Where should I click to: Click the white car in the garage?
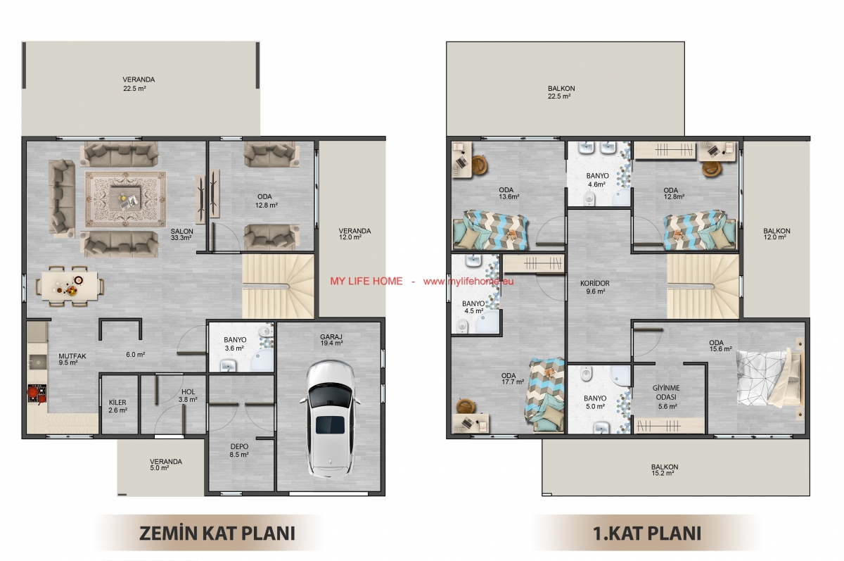tap(330, 418)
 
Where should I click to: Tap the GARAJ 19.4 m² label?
tap(331, 340)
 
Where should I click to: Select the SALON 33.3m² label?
tap(181, 234)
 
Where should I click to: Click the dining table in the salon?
tap(70, 286)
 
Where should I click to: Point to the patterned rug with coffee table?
tap(125, 199)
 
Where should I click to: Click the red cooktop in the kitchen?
tap(37, 395)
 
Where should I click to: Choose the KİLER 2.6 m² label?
tap(117, 406)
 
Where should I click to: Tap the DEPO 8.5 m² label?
tap(239, 450)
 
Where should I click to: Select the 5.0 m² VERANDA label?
tap(166, 465)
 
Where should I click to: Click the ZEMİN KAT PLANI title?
tap(217, 534)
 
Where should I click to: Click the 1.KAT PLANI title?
tap(647, 534)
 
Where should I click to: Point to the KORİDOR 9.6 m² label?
tap(595, 287)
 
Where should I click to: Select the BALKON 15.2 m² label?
tap(665, 469)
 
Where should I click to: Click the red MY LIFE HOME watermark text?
tap(366, 282)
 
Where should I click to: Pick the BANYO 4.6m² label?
tap(597, 179)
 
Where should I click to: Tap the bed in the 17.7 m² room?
tap(545, 394)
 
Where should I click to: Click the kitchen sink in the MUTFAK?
tap(37, 363)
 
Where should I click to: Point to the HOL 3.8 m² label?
tap(188, 396)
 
